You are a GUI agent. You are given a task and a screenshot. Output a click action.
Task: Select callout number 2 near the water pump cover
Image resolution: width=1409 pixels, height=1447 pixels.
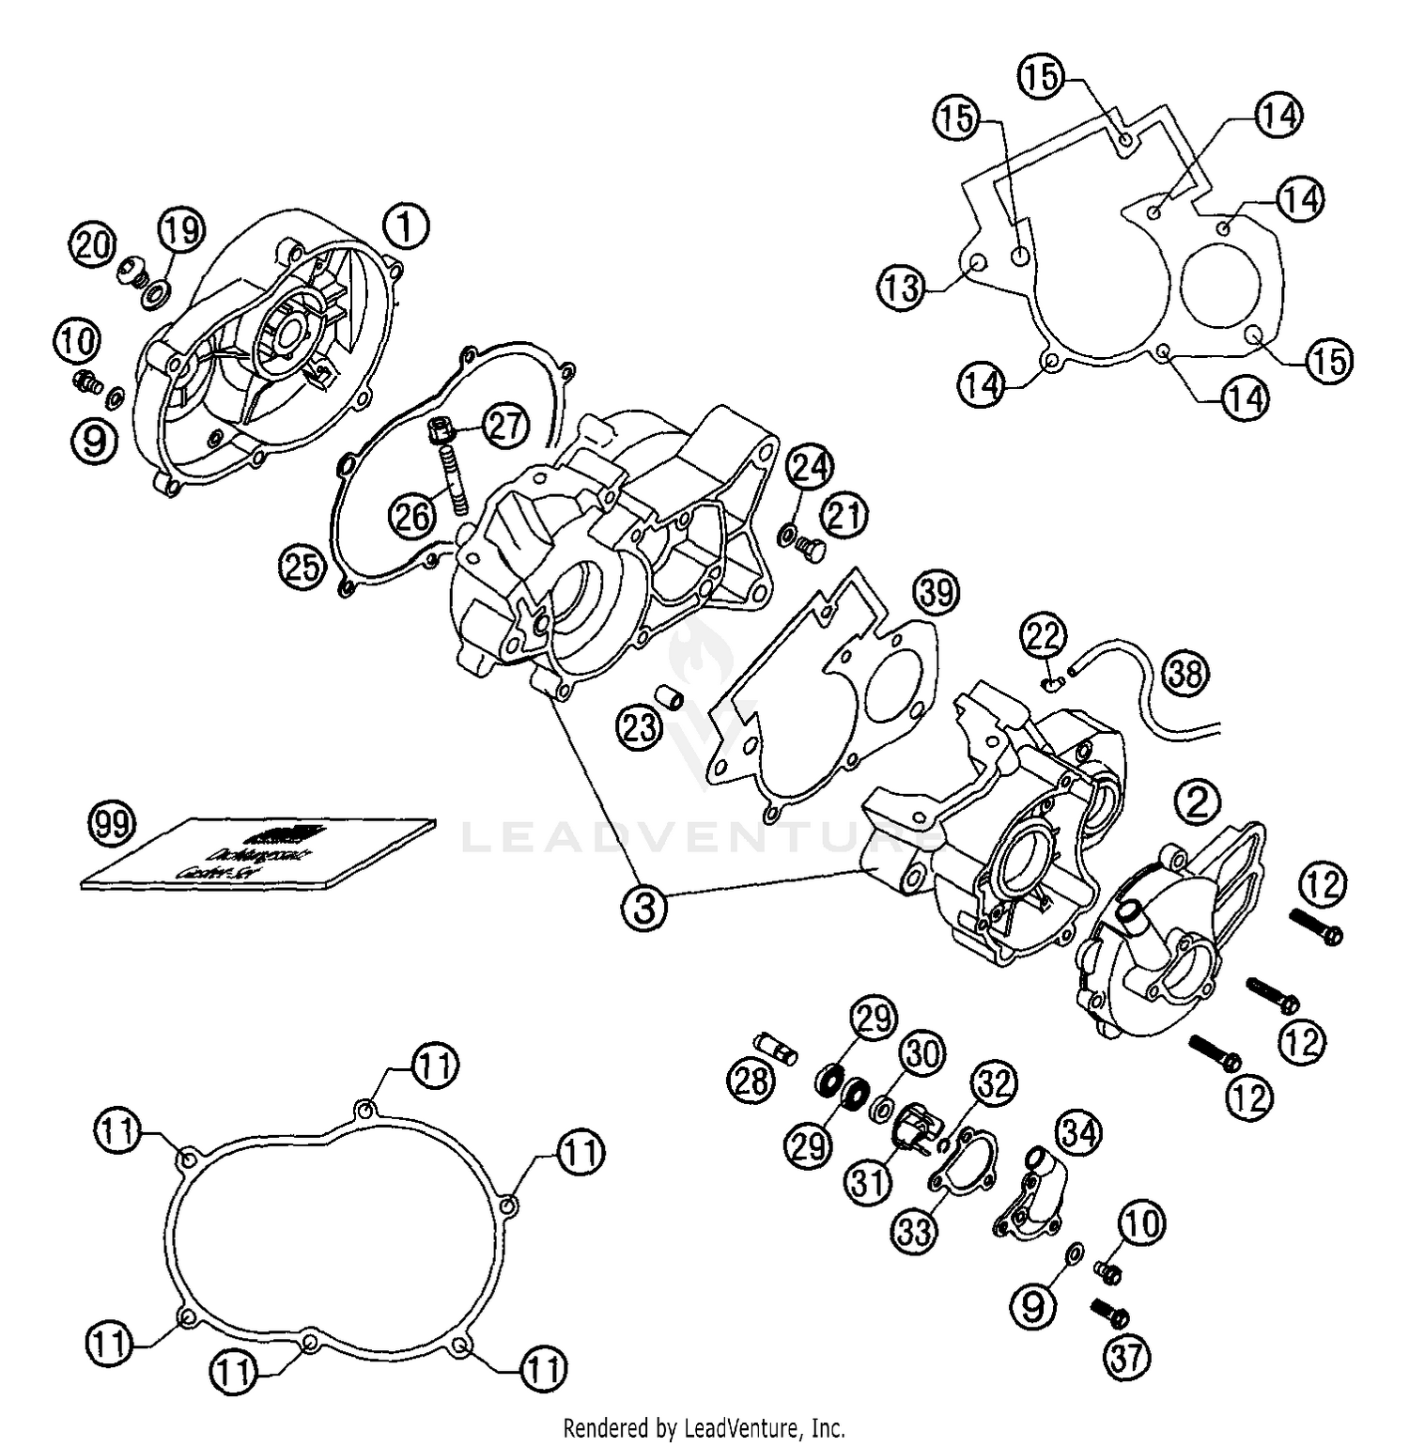(x=1198, y=801)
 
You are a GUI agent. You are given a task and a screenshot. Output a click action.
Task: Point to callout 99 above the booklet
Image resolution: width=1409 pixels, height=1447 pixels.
(x=112, y=824)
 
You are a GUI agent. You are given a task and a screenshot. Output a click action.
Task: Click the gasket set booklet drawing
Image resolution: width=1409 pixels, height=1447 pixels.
(x=258, y=852)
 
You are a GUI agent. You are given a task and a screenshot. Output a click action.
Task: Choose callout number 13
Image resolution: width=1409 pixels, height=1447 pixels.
(x=902, y=288)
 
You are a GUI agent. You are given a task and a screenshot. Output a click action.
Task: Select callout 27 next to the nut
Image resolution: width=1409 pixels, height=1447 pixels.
(x=503, y=426)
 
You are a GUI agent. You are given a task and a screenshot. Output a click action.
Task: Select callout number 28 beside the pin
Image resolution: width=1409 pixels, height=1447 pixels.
(x=751, y=1082)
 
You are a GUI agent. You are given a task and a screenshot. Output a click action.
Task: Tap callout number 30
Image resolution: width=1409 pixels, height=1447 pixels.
(x=921, y=1054)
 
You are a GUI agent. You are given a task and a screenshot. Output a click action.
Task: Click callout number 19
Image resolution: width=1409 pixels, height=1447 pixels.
(x=180, y=228)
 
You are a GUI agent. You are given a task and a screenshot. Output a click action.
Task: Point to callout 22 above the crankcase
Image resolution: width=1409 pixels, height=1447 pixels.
(x=1044, y=637)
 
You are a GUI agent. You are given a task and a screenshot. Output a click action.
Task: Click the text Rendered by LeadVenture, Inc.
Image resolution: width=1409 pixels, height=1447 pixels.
(x=704, y=1429)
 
